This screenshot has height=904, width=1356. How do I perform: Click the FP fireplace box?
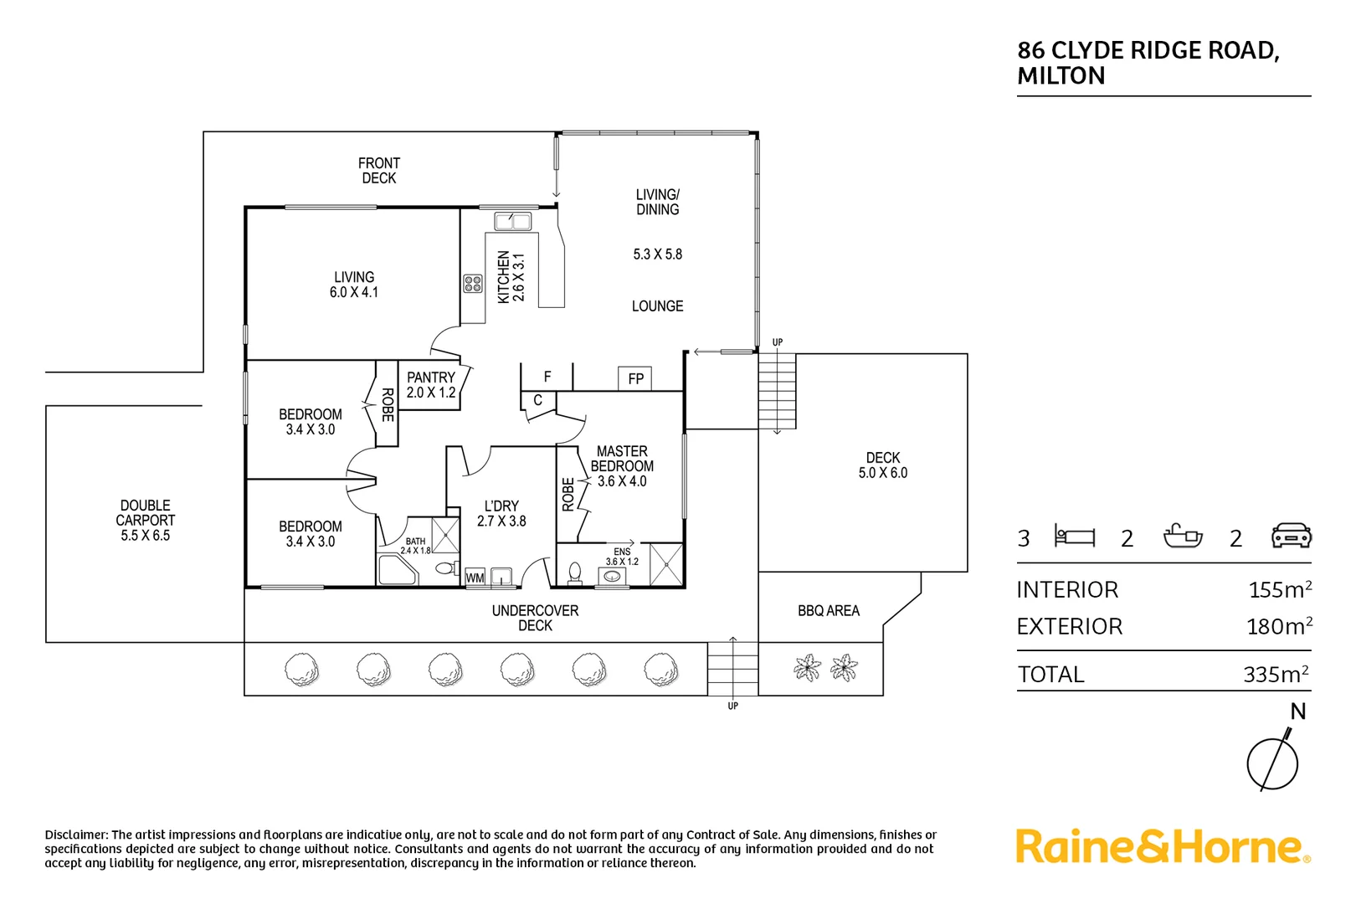click(x=634, y=378)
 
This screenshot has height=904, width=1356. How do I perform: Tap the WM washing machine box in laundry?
click(x=475, y=578)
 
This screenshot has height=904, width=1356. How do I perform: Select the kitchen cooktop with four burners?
click(x=473, y=283)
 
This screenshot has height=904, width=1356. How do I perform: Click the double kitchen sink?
click(x=512, y=221)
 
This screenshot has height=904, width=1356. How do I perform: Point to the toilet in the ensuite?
click(x=574, y=573)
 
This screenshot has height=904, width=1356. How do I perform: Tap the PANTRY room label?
click(x=431, y=378)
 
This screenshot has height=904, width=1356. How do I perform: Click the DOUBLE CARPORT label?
click(x=145, y=512)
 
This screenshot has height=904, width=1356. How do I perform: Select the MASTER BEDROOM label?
click(x=622, y=459)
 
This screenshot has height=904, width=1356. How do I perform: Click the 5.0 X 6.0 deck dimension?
click(x=882, y=473)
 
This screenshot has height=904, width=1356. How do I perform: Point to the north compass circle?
click(x=1271, y=763)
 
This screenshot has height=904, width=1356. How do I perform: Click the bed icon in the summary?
click(x=1074, y=536)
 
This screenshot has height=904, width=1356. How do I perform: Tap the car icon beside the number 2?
click(x=1291, y=536)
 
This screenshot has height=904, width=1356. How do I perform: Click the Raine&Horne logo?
click(x=1162, y=846)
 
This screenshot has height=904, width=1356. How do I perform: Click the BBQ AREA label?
click(x=828, y=611)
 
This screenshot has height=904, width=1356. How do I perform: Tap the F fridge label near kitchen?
click(x=547, y=377)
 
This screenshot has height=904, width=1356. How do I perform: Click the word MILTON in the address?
click(x=1061, y=76)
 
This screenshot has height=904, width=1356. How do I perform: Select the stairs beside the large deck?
click(x=777, y=391)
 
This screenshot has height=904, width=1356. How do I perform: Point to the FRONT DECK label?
click(x=378, y=171)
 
